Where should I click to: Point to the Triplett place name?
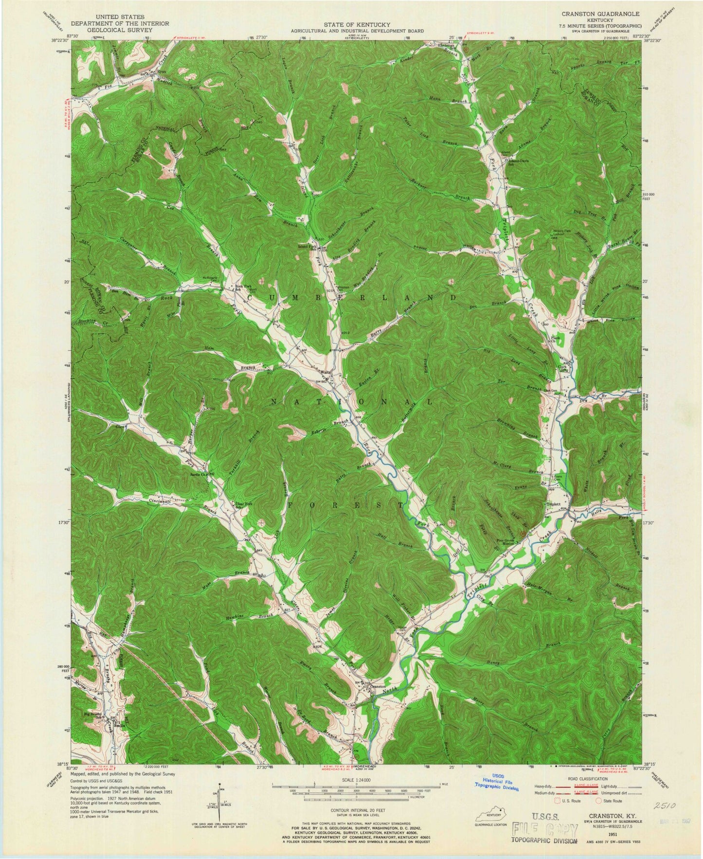coord(553,504)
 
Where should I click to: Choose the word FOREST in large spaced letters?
coord(346,505)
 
